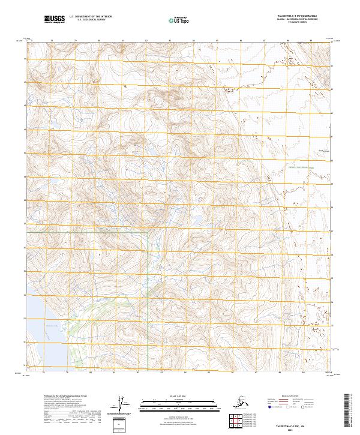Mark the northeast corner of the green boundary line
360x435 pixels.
148,232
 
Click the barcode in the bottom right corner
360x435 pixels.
350,411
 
